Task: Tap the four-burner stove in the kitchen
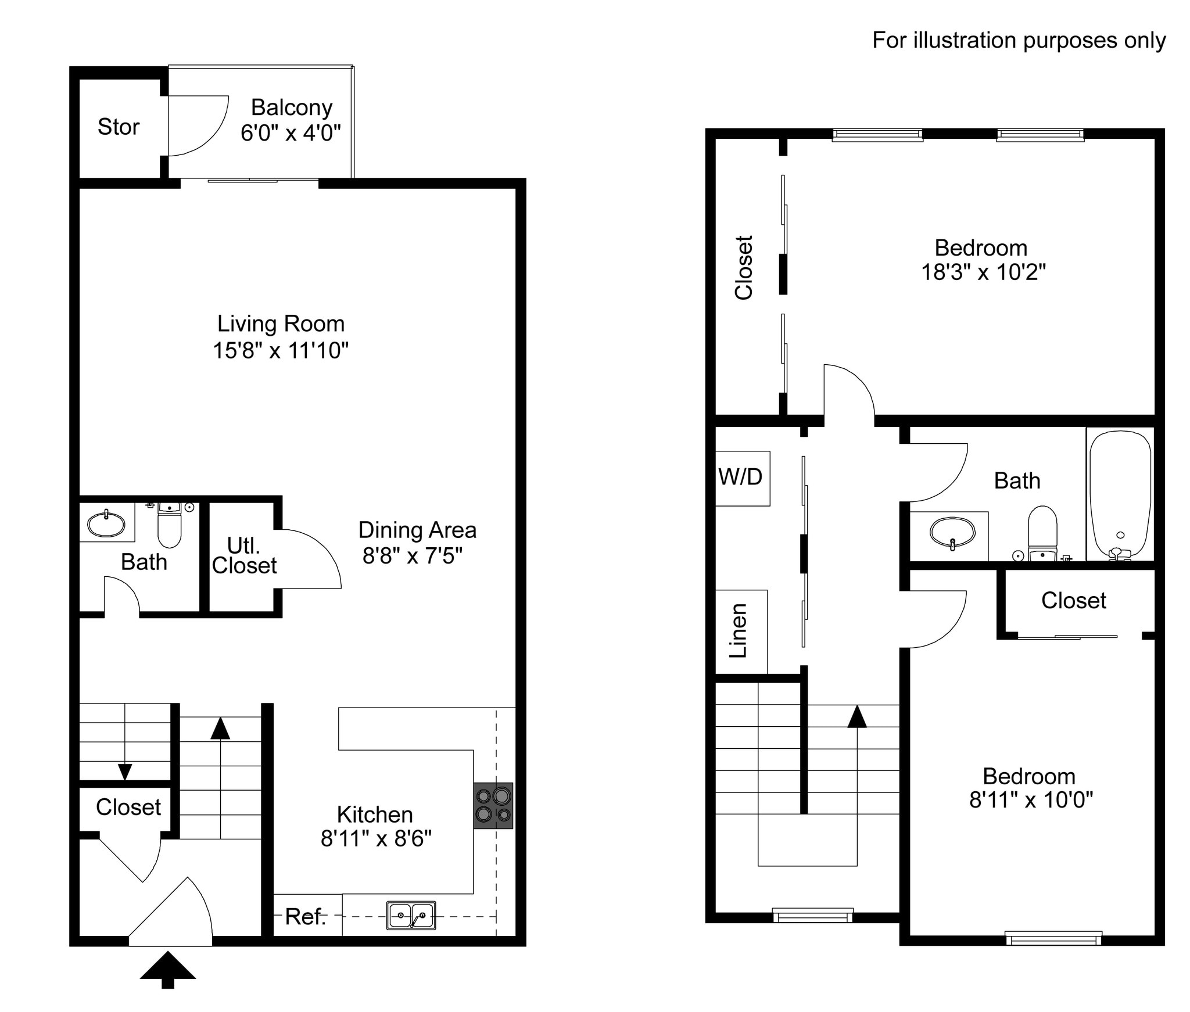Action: [493, 805]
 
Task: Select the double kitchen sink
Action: [411, 916]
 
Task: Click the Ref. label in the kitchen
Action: [305, 917]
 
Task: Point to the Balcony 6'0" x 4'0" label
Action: [291, 120]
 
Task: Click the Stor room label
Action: [119, 127]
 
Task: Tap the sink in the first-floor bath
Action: [106, 524]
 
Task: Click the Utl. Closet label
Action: [244, 556]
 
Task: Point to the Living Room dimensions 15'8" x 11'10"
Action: [281, 350]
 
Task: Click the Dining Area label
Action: [417, 530]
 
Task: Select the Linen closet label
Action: [739, 631]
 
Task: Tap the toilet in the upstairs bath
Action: [1042, 532]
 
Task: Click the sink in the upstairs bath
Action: [952, 532]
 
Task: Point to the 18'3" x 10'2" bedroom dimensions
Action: [983, 272]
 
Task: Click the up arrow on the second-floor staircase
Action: [856, 717]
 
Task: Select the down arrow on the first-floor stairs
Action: [125, 771]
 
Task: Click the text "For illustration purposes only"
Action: [1019, 41]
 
